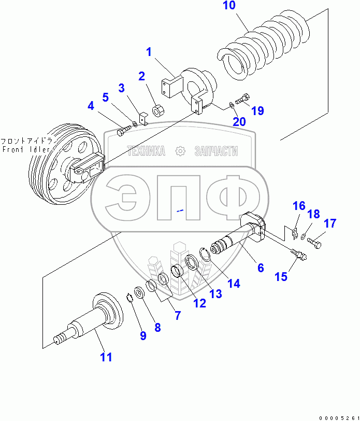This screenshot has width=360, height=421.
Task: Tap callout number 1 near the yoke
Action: coord(149,52)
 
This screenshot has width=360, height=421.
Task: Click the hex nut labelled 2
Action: coord(158,111)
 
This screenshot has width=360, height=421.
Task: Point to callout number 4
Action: coord(91,107)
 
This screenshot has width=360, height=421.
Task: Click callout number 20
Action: coord(239,122)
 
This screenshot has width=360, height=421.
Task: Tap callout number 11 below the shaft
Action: coord(106,357)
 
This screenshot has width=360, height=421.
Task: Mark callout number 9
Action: coord(143,335)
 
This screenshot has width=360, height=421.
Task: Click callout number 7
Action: coord(178,315)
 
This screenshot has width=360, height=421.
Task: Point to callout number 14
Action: coord(234,284)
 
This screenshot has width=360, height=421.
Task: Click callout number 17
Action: coord(330,223)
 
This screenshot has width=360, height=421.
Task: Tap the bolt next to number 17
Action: coord(315,241)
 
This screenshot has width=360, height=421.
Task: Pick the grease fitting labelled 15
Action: coord(299,254)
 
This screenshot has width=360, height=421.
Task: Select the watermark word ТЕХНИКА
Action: coord(146,151)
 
